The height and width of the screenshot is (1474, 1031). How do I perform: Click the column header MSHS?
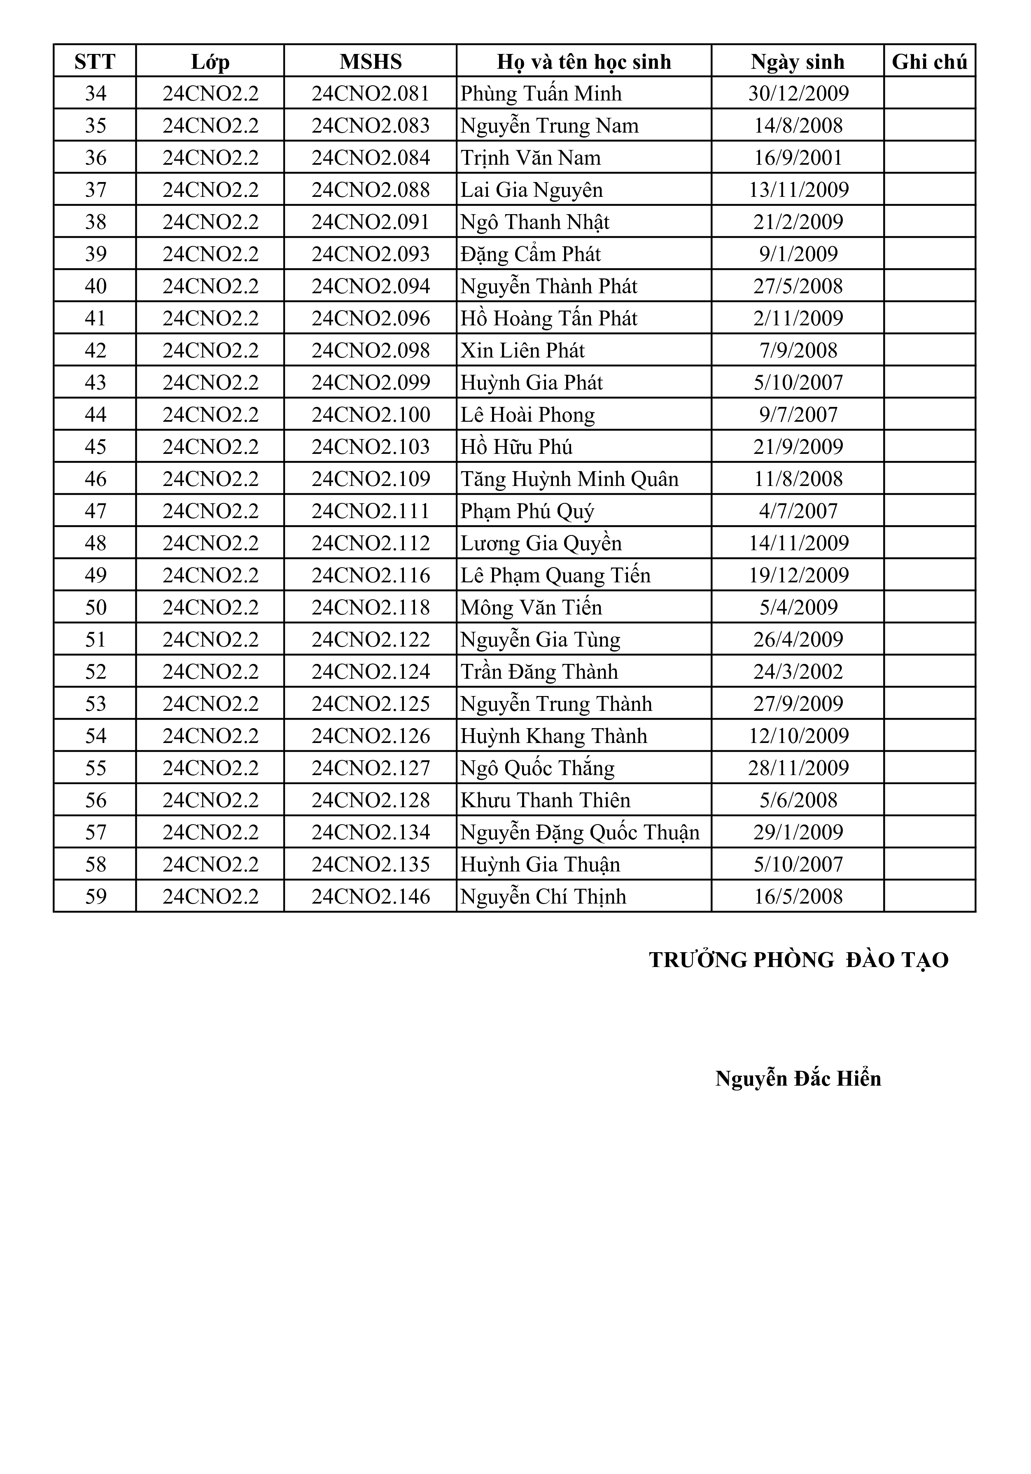(x=371, y=62)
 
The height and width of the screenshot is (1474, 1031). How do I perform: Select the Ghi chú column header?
(x=929, y=62)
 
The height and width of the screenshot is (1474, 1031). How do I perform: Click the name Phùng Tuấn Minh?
(x=541, y=94)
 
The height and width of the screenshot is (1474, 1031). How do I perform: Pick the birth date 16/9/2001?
(x=798, y=158)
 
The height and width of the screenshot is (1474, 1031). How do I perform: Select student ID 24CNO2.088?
(x=371, y=190)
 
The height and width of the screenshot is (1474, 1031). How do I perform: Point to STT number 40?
(x=95, y=286)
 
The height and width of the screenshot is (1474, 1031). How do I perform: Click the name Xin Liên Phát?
(x=522, y=350)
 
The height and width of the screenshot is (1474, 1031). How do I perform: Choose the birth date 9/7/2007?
(x=798, y=415)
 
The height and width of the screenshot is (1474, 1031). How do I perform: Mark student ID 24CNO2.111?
(x=371, y=511)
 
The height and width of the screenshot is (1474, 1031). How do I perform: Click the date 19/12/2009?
(x=798, y=575)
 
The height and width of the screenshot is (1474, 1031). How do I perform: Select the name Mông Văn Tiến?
(x=531, y=607)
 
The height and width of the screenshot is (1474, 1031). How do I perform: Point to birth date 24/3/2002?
(x=798, y=672)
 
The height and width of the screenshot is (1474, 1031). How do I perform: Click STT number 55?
(x=95, y=768)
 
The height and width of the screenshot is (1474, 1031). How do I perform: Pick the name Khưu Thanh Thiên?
(x=546, y=800)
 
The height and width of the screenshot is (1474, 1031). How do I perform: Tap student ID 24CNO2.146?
(x=371, y=896)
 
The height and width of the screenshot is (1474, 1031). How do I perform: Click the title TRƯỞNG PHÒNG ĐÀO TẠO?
(x=798, y=960)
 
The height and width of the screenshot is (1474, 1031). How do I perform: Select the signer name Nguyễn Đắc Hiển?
(x=798, y=1079)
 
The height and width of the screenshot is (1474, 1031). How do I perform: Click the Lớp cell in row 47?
(x=210, y=511)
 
